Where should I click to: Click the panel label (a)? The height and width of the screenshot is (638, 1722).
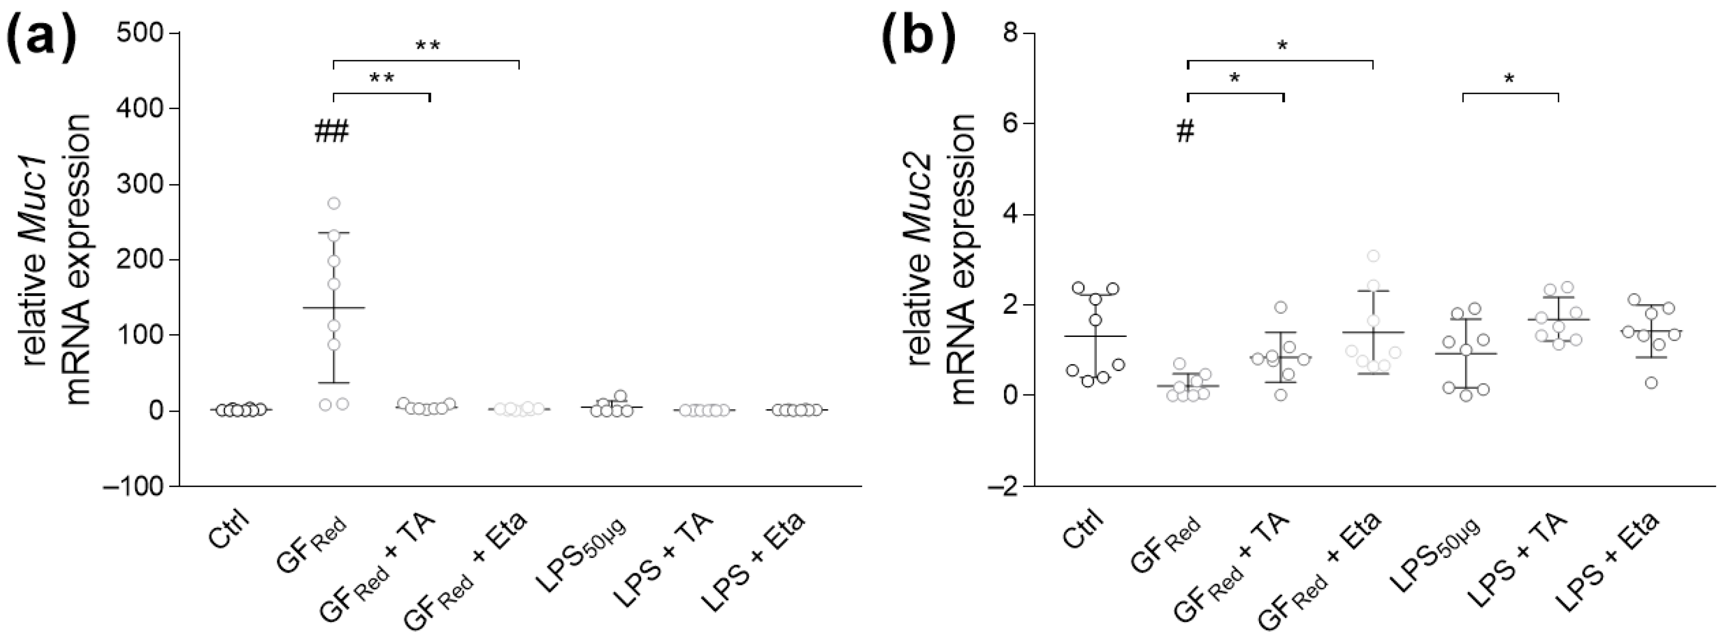[42, 40]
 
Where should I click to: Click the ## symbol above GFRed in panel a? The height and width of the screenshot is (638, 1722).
[332, 132]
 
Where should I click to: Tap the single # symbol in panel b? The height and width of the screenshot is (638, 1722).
[1185, 132]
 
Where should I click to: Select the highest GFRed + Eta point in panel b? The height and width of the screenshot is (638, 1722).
[1373, 256]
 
